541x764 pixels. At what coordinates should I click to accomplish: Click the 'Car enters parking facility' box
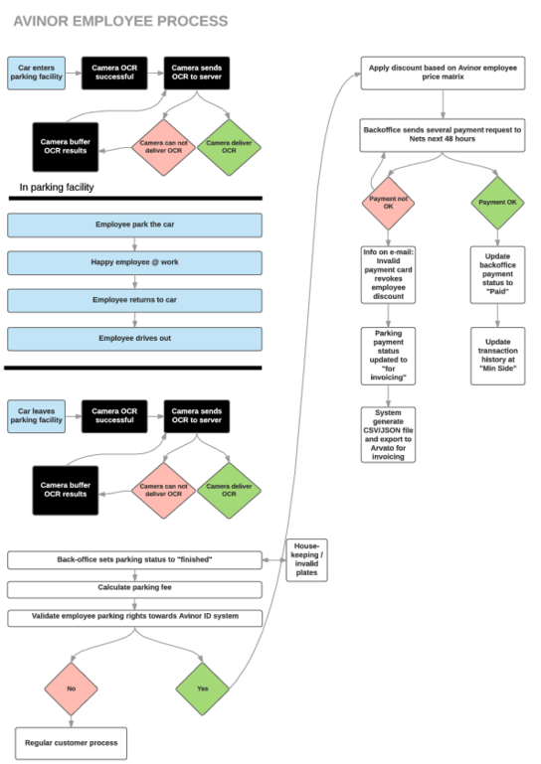(x=36, y=74)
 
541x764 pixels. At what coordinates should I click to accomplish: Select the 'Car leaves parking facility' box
(x=36, y=416)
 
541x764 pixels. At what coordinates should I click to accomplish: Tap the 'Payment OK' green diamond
(x=497, y=203)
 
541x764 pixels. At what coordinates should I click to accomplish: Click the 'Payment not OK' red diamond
(x=388, y=203)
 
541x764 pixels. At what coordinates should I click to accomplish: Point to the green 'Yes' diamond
(x=203, y=688)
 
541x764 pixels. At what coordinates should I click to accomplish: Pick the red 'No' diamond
(x=72, y=688)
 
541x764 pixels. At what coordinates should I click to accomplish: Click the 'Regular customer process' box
(x=72, y=743)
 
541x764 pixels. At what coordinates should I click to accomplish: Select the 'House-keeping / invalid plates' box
(x=306, y=560)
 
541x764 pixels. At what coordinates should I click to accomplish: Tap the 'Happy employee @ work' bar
(x=134, y=262)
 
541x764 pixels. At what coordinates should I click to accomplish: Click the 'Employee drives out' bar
(x=134, y=339)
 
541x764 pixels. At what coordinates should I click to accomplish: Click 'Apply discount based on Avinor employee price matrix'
(x=443, y=74)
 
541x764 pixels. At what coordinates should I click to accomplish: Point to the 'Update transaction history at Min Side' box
(x=497, y=356)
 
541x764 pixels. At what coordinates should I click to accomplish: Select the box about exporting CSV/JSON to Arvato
(x=388, y=434)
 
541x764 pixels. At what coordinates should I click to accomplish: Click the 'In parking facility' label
(x=57, y=187)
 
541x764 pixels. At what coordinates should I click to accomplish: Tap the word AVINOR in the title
(x=41, y=21)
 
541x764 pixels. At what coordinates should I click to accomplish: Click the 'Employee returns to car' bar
(x=134, y=301)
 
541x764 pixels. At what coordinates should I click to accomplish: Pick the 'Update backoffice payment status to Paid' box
(x=497, y=275)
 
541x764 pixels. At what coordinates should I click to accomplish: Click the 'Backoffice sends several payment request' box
(x=443, y=135)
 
